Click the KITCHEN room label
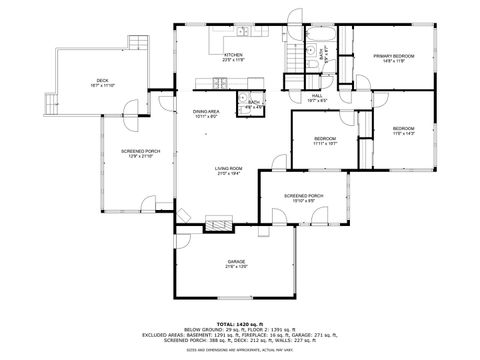[x=234, y=56]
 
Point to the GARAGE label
[x=236, y=262]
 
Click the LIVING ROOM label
[x=229, y=170]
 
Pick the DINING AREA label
[x=207, y=112]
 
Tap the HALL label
[x=317, y=96]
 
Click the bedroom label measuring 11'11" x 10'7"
[x=325, y=140]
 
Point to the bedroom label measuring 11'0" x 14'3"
[x=403, y=130]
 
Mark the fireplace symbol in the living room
[x=217, y=221]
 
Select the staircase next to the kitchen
[x=293, y=54]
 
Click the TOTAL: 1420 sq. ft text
[x=239, y=324]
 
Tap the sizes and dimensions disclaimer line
[x=239, y=351]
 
